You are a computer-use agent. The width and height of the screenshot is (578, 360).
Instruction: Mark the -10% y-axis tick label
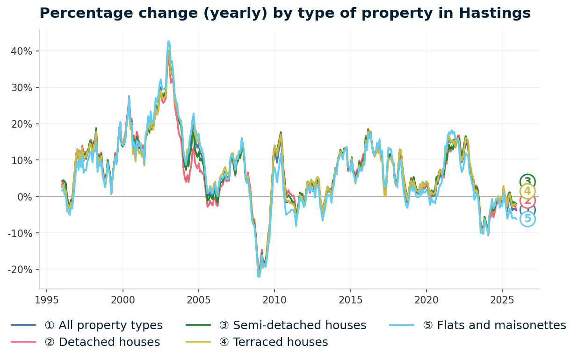[20, 233]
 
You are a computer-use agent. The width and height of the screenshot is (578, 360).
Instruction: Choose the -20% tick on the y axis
[20, 270]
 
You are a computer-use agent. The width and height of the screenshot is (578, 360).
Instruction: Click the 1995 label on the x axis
[47, 300]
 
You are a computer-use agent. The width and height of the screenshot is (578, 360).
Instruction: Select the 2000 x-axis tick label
[123, 300]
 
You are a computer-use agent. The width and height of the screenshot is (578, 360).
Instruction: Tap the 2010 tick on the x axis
[275, 300]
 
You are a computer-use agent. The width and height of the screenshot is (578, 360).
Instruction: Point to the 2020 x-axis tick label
[426, 300]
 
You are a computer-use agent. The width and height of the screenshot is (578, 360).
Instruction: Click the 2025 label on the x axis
[502, 300]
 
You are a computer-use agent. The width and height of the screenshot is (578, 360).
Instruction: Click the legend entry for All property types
[103, 325]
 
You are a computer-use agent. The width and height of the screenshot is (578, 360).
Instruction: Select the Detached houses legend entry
[102, 342]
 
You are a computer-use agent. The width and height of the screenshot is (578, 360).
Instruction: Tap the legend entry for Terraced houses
[280, 342]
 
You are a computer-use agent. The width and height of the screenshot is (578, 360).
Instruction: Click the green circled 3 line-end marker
[527, 182]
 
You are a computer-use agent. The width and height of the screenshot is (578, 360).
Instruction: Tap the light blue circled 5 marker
[527, 219]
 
